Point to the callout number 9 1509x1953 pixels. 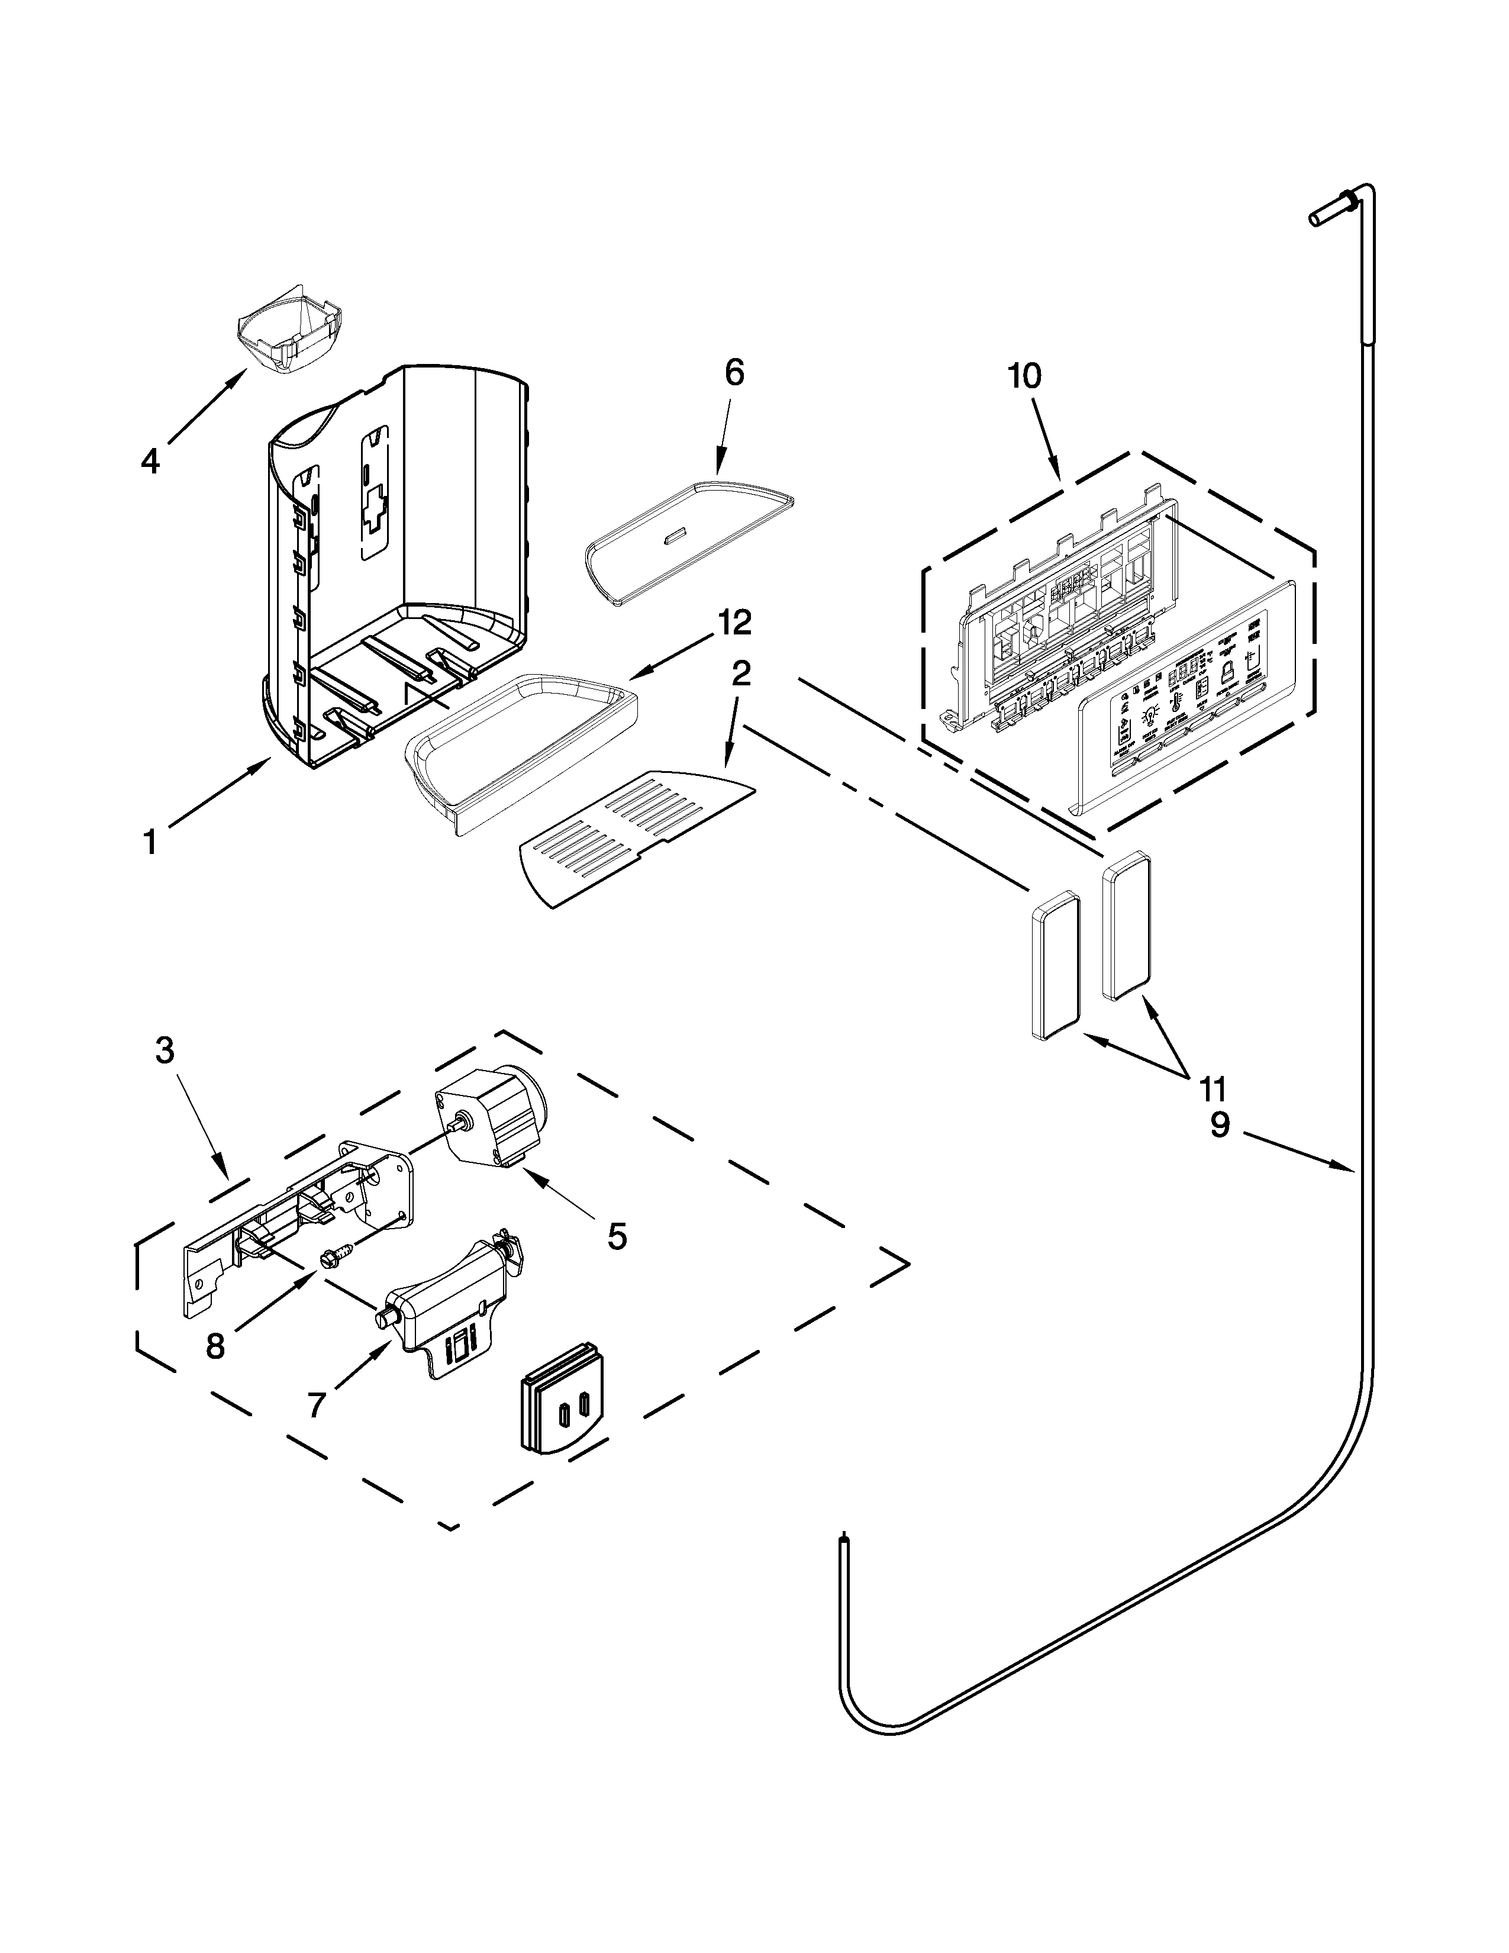click(1220, 1125)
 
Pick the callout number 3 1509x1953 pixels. click(165, 1050)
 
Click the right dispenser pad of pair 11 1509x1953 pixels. click(1126, 926)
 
